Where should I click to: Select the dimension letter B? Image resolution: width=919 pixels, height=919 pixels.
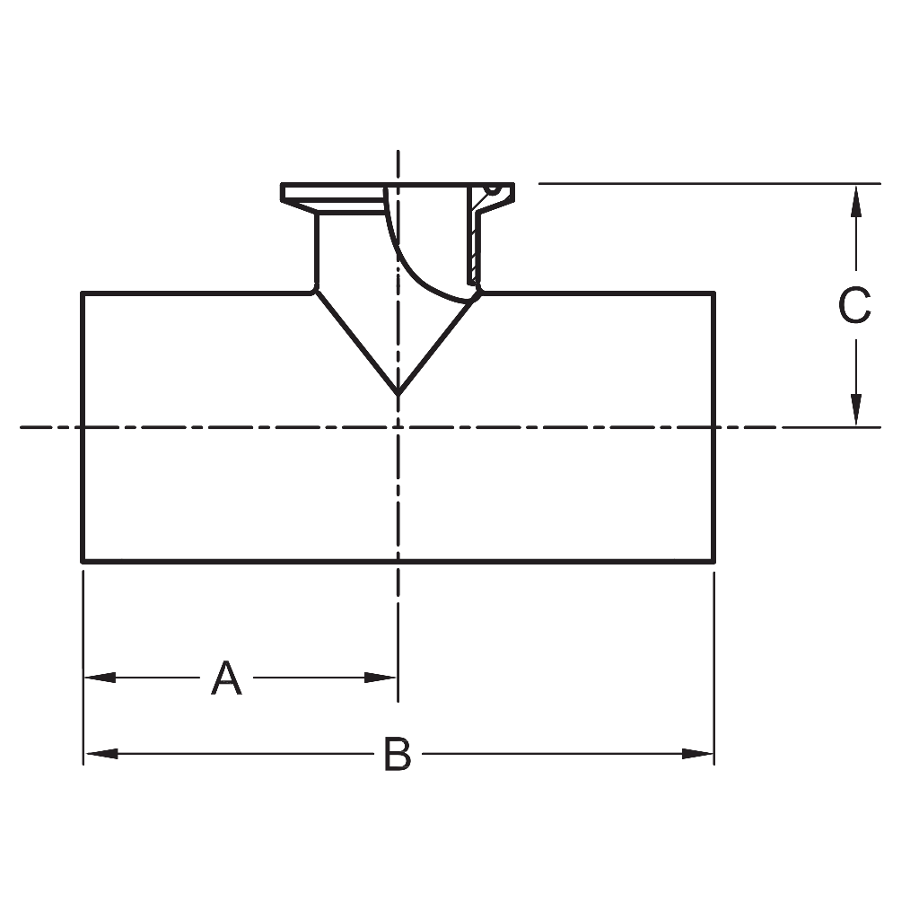click(x=398, y=754)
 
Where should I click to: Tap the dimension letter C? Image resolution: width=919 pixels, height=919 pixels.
click(x=854, y=306)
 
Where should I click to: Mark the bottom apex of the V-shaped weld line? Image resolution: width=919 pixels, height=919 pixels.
click(x=398, y=394)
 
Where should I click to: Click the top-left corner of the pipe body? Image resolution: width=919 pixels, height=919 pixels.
click(x=83, y=293)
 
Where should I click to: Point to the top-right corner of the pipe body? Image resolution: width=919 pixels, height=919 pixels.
click(x=714, y=293)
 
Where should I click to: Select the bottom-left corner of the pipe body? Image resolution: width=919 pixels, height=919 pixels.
click(x=83, y=562)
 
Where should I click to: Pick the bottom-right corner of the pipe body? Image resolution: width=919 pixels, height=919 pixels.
click(x=714, y=562)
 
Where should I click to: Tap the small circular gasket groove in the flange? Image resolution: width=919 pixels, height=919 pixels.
click(x=491, y=189)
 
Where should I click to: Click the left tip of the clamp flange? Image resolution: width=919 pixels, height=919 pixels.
click(x=283, y=192)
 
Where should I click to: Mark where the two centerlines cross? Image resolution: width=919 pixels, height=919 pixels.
click(x=398, y=427)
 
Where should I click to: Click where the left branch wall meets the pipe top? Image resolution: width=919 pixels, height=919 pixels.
click(x=314, y=290)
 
